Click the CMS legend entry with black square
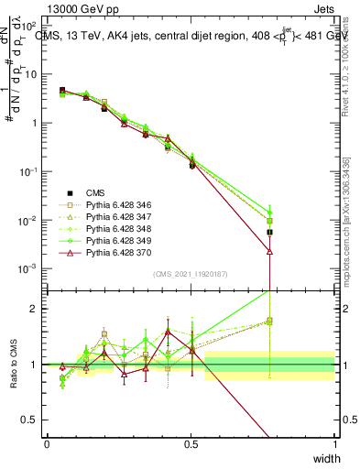(x=95, y=192)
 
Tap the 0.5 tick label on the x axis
(x=191, y=444)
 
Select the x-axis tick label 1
(x=335, y=444)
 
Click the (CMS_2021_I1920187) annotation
(x=190, y=274)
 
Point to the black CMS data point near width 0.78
(x=270, y=233)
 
